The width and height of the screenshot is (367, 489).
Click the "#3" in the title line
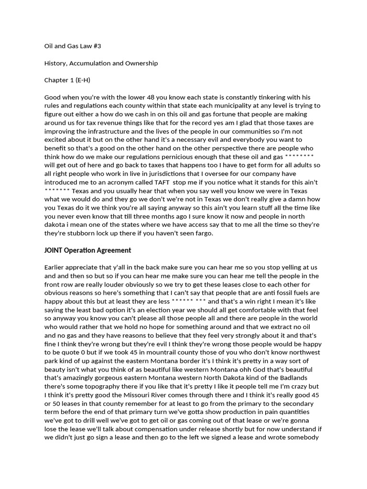tap(97, 46)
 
